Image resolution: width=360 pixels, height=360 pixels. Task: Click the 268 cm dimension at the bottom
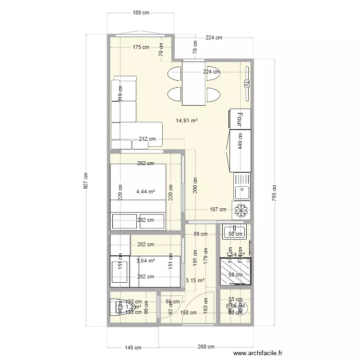[204, 347]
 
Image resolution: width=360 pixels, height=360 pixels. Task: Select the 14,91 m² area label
[187, 120]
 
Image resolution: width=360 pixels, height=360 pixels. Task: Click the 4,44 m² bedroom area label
[145, 192]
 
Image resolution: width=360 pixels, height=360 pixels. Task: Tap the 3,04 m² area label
[145, 261]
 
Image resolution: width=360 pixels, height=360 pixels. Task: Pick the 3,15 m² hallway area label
[195, 281]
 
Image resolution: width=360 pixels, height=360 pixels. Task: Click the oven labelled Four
[240, 119]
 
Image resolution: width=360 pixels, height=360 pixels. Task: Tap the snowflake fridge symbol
[241, 210]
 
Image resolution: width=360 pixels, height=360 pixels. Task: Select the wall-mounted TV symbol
[247, 83]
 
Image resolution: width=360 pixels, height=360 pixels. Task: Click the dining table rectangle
[193, 83]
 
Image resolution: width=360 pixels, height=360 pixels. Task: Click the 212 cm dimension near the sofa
[147, 139]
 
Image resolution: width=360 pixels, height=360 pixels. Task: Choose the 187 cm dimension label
[217, 209]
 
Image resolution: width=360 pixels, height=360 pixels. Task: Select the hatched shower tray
[235, 272]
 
